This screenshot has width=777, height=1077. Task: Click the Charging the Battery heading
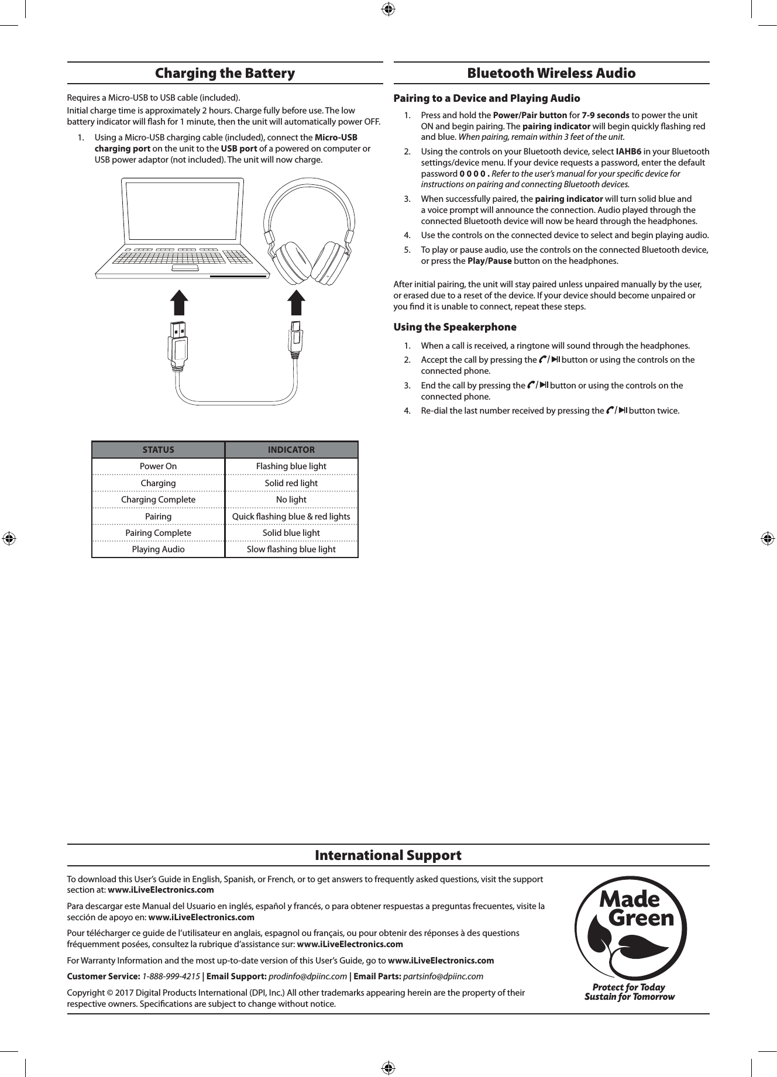[x=225, y=73]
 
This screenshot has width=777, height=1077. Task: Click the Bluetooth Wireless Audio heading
[x=551, y=73]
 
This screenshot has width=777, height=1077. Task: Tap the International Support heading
[x=388, y=855]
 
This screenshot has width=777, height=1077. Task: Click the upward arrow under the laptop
[x=180, y=304]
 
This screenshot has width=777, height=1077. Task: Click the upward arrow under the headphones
[x=297, y=304]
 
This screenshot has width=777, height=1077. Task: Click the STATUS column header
[x=158, y=450]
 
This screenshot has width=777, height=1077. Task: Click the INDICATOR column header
[x=291, y=450]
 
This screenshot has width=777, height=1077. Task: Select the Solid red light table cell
[x=291, y=483]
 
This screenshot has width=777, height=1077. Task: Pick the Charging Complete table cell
[x=158, y=500]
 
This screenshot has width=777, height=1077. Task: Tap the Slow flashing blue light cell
[x=291, y=549]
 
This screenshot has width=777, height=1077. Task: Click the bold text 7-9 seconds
[x=606, y=115]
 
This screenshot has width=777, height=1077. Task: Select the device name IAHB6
[x=628, y=152]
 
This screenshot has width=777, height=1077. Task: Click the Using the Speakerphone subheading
[x=455, y=327]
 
